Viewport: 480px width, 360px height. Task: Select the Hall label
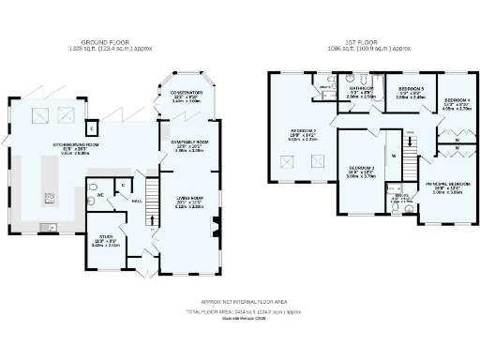135,200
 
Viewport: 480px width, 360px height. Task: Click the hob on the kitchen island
49,198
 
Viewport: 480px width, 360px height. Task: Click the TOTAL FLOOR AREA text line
244,310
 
